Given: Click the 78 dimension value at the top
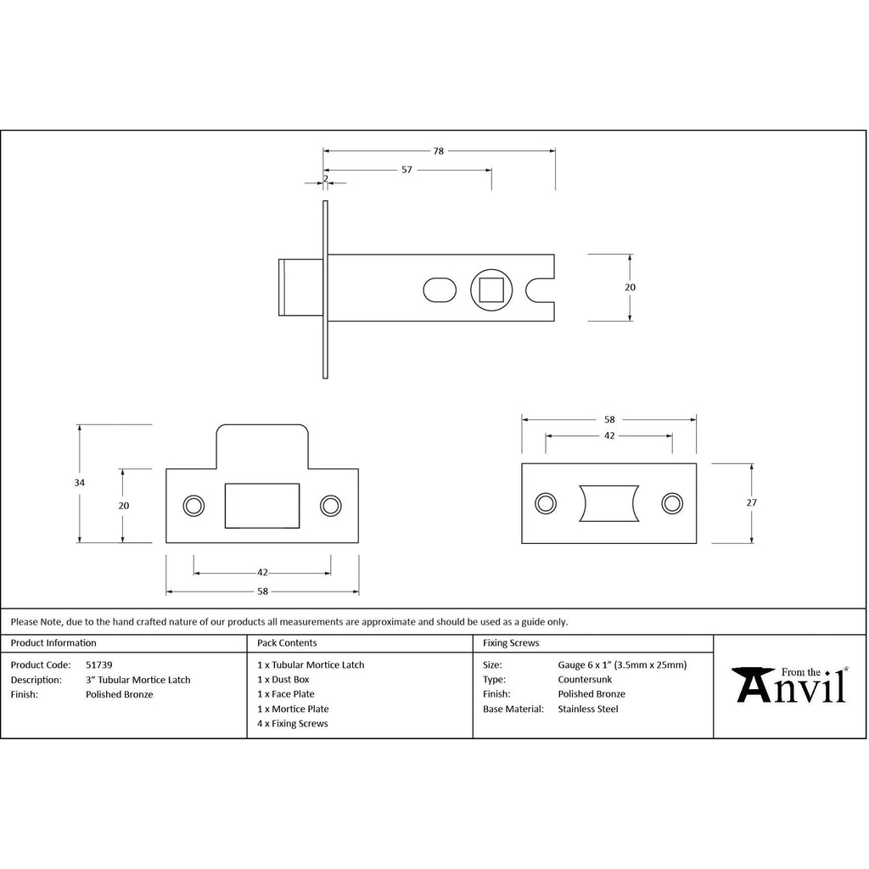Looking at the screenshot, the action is pyautogui.click(x=439, y=151).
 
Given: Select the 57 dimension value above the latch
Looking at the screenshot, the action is pyautogui.click(x=406, y=170).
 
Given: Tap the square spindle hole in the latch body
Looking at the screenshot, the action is pyautogui.click(x=491, y=290).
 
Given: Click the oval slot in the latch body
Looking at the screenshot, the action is pyautogui.click(x=440, y=290).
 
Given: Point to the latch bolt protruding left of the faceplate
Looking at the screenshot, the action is pyautogui.click(x=301, y=287).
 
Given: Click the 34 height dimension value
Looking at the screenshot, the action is pyautogui.click(x=79, y=483).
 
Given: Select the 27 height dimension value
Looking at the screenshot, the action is pyautogui.click(x=751, y=502).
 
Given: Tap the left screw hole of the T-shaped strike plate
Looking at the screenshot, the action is pyautogui.click(x=193, y=506).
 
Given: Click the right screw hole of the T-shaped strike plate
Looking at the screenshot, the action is pyautogui.click(x=331, y=506).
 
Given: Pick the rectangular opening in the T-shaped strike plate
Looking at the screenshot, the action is pyautogui.click(x=262, y=506).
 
